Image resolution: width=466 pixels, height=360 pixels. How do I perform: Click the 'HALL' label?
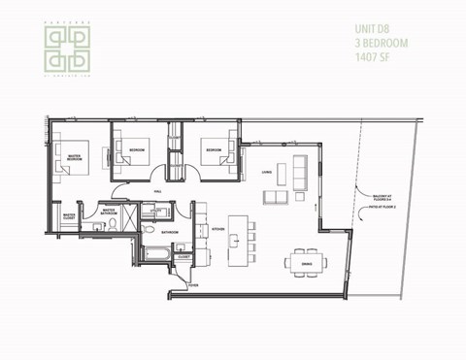[157, 192]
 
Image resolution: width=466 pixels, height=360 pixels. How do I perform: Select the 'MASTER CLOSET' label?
[69, 217]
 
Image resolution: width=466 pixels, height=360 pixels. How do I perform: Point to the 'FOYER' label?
[193, 286]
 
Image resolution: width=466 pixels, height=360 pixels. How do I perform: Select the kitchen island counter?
[235, 242]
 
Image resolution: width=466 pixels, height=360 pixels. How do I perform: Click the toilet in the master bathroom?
[114, 224]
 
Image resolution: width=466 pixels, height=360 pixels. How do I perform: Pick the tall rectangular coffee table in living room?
[283, 175]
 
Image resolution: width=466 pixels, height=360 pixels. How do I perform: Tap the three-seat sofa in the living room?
[300, 175]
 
